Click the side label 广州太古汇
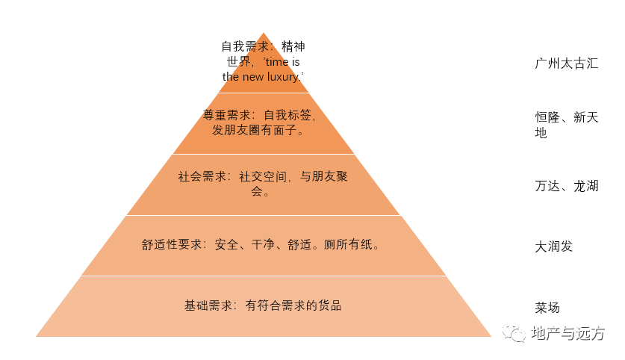[567, 63]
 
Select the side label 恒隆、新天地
[567, 125]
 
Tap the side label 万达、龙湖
[567, 186]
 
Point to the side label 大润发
[553, 246]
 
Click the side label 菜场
[547, 308]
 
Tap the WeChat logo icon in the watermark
[514, 332]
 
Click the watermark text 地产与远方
[568, 333]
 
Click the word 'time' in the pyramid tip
[277, 62]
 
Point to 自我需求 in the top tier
[245, 46]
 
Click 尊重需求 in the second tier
[226, 115]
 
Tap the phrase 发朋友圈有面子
[255, 130]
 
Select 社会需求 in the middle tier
[202, 176]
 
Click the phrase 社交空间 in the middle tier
[262, 176]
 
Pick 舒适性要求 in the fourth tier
[172, 244]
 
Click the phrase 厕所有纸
[347, 244]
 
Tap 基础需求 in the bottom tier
[208, 305]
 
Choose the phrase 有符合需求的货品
[293, 305]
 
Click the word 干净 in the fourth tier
[263, 244]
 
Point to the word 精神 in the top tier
[293, 46]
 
